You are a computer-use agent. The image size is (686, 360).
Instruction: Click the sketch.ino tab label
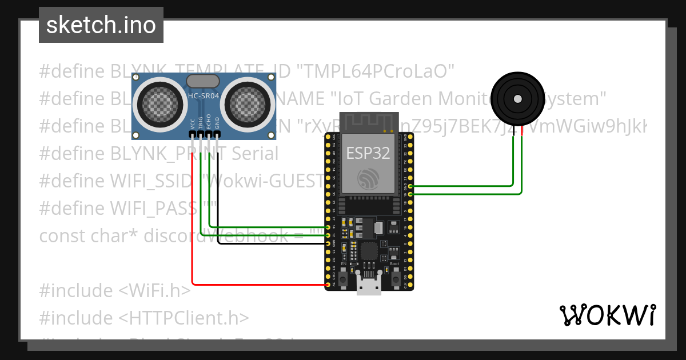(x=101, y=25)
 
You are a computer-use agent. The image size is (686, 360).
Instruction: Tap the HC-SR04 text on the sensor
(x=204, y=96)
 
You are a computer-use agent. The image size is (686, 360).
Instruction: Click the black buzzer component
(x=517, y=99)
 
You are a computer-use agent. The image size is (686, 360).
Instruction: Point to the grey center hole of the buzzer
(x=518, y=99)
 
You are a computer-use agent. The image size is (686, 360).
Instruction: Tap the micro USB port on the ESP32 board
(x=369, y=284)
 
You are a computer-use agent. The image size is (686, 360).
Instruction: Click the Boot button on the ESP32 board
(x=395, y=278)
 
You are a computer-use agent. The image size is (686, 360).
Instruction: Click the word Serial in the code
(x=252, y=153)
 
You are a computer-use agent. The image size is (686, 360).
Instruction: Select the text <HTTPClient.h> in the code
(x=184, y=318)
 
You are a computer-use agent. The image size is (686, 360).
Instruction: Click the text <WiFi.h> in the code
(x=154, y=290)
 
